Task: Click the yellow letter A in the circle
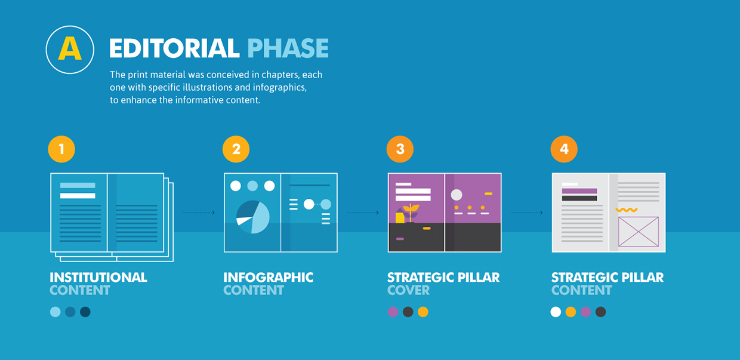tap(70, 48)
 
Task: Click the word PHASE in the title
tap(288, 48)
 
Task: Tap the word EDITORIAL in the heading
tap(174, 48)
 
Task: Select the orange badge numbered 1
tap(61, 149)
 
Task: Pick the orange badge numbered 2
tap(236, 149)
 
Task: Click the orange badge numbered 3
tap(400, 149)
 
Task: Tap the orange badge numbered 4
tap(564, 149)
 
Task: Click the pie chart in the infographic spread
tap(252, 217)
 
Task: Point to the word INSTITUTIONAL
tap(98, 278)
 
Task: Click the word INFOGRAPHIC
tap(269, 278)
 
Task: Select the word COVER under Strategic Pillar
tap(408, 290)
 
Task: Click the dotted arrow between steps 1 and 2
tap(199, 213)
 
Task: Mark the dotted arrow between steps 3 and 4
tap(527, 213)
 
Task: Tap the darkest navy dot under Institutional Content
tap(85, 312)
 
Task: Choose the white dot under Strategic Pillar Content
tap(556, 312)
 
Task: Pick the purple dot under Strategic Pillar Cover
tap(393, 312)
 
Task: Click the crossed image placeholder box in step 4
tap(639, 232)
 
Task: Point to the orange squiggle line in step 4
tap(627, 210)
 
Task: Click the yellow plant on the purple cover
tap(411, 212)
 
